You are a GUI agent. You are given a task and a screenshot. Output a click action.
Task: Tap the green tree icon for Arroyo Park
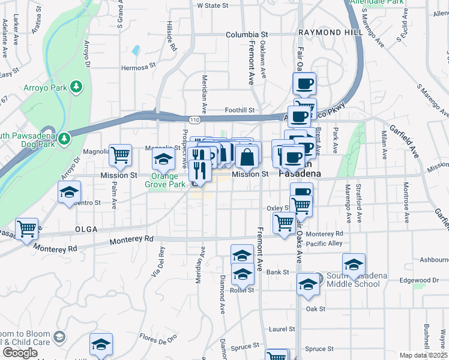[76, 87]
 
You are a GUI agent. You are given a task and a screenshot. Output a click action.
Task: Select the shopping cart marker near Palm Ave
[121, 155]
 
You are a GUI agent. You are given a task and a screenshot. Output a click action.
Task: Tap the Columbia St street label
[246, 35]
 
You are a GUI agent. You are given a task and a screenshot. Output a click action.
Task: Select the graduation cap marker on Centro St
[69, 193]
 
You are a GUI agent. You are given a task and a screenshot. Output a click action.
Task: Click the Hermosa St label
[139, 68]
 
